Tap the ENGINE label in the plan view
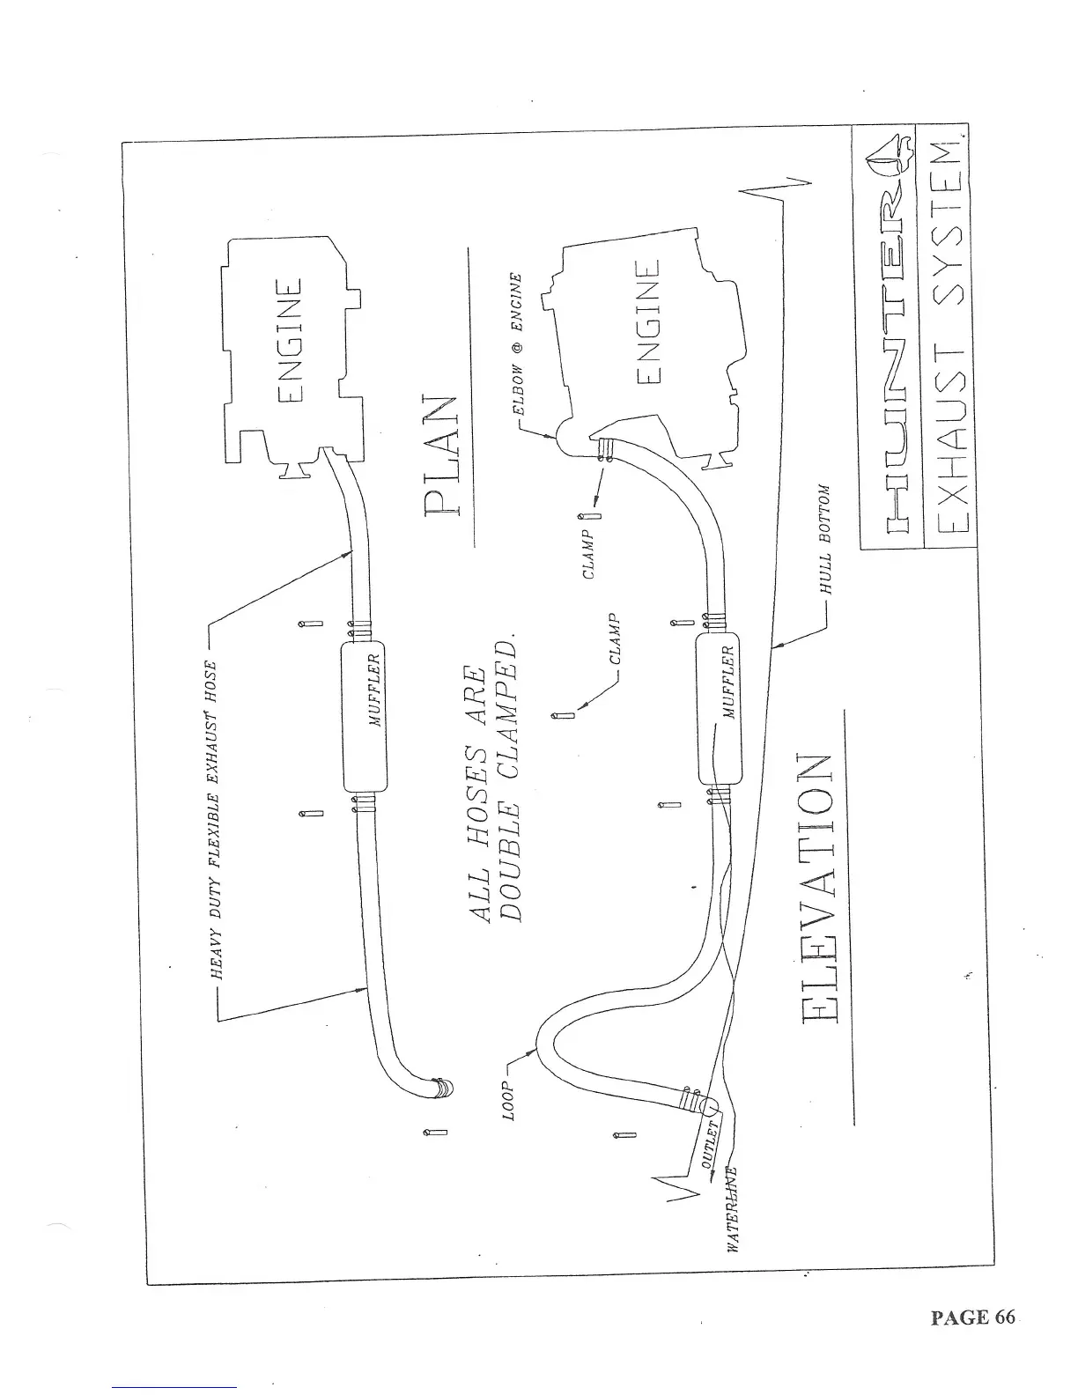pyautogui.click(x=292, y=341)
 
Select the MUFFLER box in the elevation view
pyautogui.click(x=719, y=707)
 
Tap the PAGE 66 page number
pyautogui.click(x=972, y=1317)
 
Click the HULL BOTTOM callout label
pyautogui.click(x=825, y=538)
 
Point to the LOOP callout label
pyautogui.click(x=509, y=1099)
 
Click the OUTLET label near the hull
pyautogui.click(x=710, y=1143)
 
